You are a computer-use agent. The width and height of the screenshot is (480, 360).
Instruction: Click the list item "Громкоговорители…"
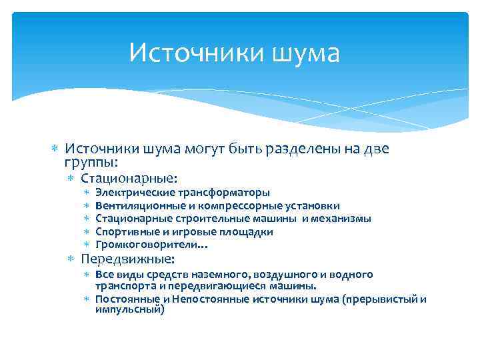coord(152,245)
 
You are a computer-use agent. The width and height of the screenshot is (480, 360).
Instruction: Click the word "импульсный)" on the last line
coord(129,309)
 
